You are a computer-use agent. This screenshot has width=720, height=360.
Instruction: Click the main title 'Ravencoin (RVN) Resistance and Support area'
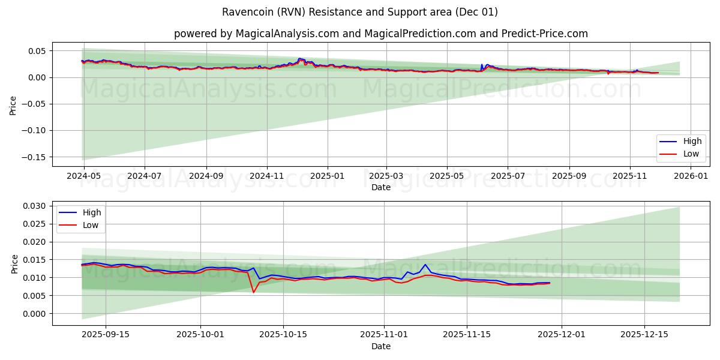[x=360, y=12]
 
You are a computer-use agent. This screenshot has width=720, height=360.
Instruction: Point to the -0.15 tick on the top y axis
[x=34, y=157]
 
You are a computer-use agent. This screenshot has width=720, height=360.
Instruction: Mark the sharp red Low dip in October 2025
[x=253, y=292]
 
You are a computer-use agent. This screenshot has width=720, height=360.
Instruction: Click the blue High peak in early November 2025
[x=425, y=265]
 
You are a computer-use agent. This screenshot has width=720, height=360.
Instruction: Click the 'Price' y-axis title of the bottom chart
[x=15, y=263]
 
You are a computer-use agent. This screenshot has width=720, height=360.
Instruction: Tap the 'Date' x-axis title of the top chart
[x=381, y=187]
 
